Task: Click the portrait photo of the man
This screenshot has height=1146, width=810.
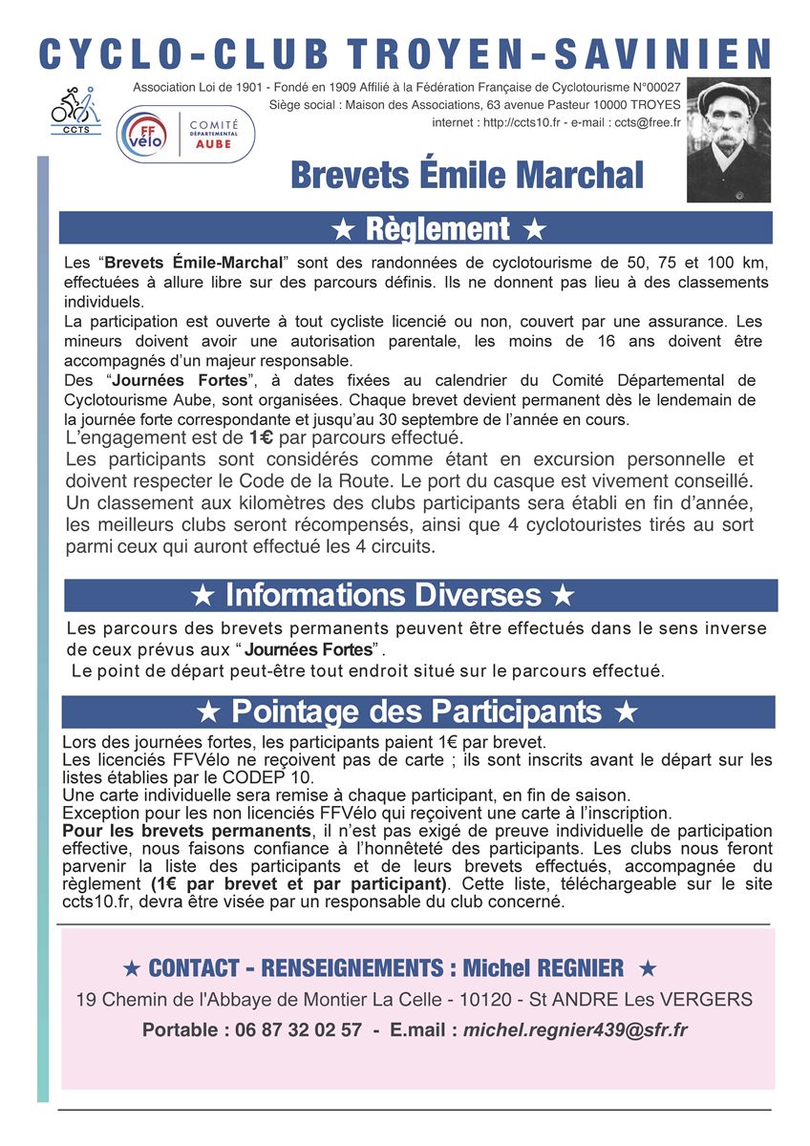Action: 729,139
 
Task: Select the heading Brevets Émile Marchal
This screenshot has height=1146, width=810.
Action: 467,176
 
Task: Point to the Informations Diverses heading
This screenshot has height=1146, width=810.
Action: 383,596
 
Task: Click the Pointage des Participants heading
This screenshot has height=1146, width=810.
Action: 416,712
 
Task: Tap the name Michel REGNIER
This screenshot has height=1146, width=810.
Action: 543,969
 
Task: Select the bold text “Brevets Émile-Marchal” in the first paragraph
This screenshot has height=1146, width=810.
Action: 194,263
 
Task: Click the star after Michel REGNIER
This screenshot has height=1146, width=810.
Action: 648,969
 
